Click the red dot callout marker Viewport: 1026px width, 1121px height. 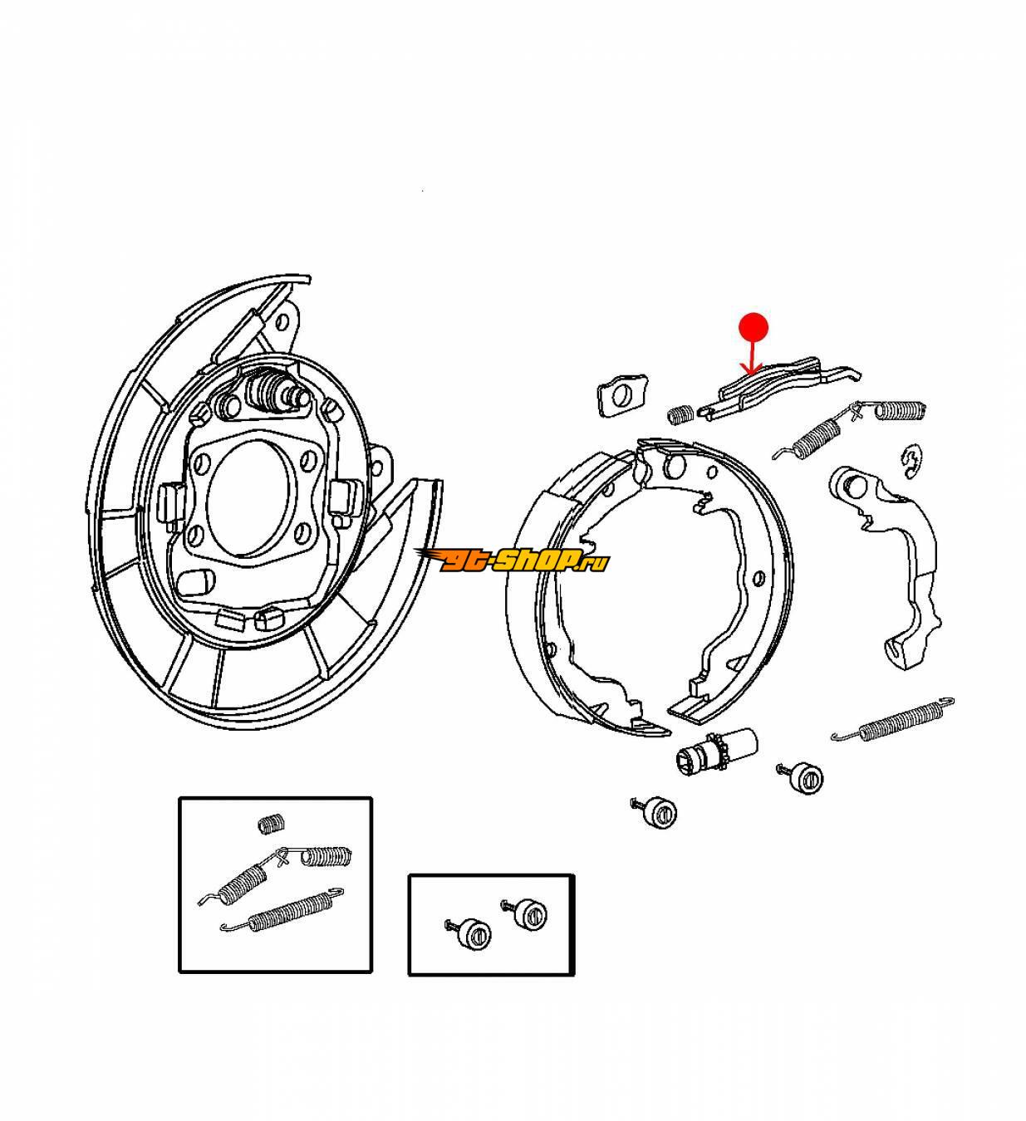click(754, 327)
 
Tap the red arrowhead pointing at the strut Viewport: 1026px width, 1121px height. click(753, 368)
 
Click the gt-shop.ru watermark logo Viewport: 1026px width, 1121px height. click(511, 560)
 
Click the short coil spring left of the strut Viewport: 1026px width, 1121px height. click(680, 415)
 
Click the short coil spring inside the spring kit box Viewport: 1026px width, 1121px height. click(272, 824)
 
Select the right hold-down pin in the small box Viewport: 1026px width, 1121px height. click(524, 915)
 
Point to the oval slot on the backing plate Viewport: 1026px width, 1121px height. click(194, 581)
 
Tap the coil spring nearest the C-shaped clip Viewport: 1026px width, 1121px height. click(898, 411)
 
